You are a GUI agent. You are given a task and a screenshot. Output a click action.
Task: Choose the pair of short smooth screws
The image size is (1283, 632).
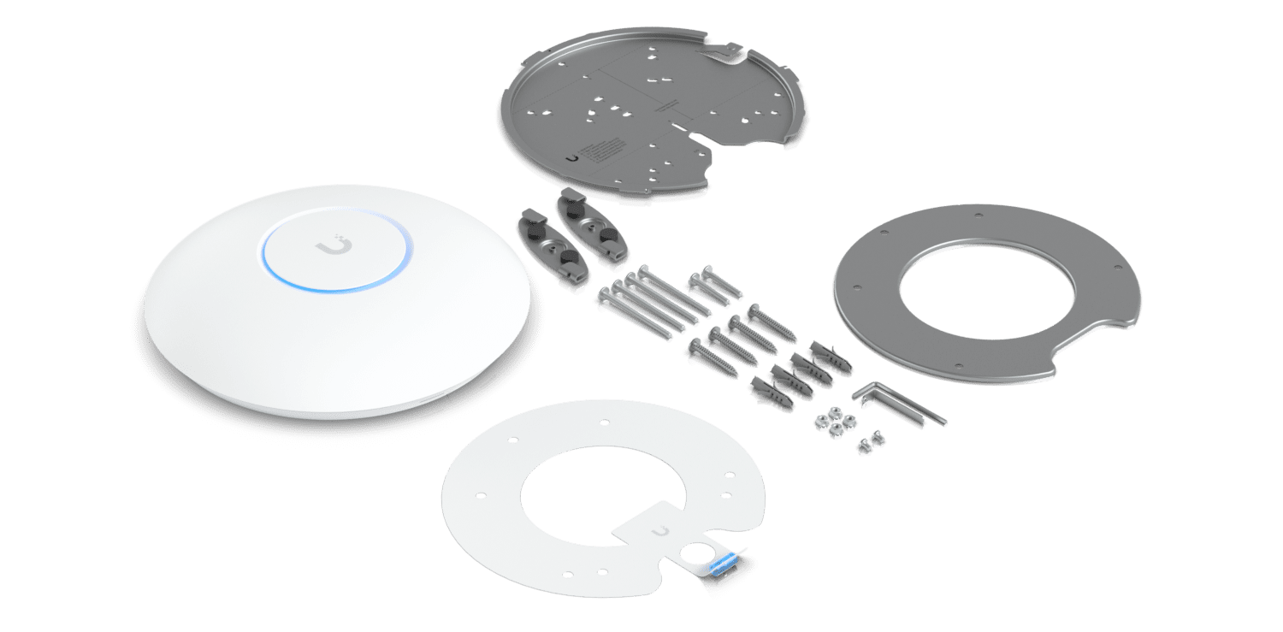click(x=712, y=286)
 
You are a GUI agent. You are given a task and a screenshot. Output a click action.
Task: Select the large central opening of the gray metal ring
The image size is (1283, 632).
click(x=975, y=292)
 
